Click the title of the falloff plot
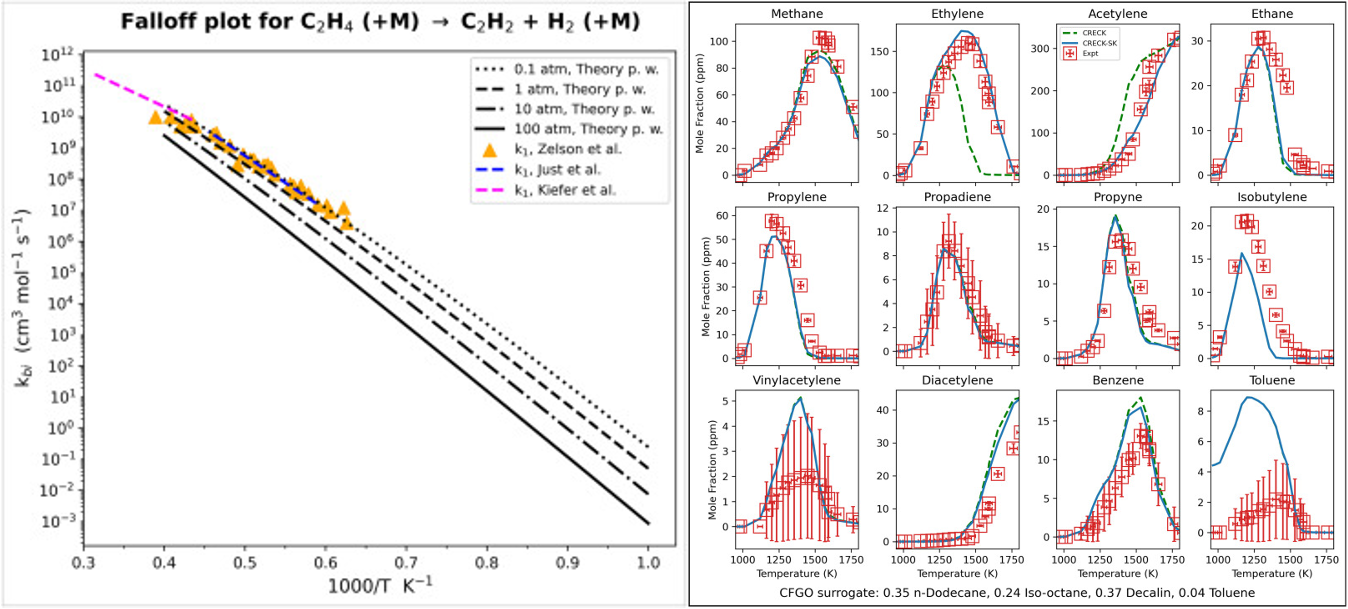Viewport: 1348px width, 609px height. tap(381, 22)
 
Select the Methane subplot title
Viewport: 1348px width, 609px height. tap(797, 14)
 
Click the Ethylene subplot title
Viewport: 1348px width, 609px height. tap(957, 14)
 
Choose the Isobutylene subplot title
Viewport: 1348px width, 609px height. tap(1272, 197)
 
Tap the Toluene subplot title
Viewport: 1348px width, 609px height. tap(1272, 380)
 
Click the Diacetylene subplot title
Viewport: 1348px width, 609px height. tap(957, 380)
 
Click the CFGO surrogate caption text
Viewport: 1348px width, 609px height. tap(1017, 593)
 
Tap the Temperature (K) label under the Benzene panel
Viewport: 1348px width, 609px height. tap(1117, 574)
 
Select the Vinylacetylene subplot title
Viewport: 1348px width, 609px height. tap(797, 380)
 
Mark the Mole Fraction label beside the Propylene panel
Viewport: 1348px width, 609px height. tap(706, 287)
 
